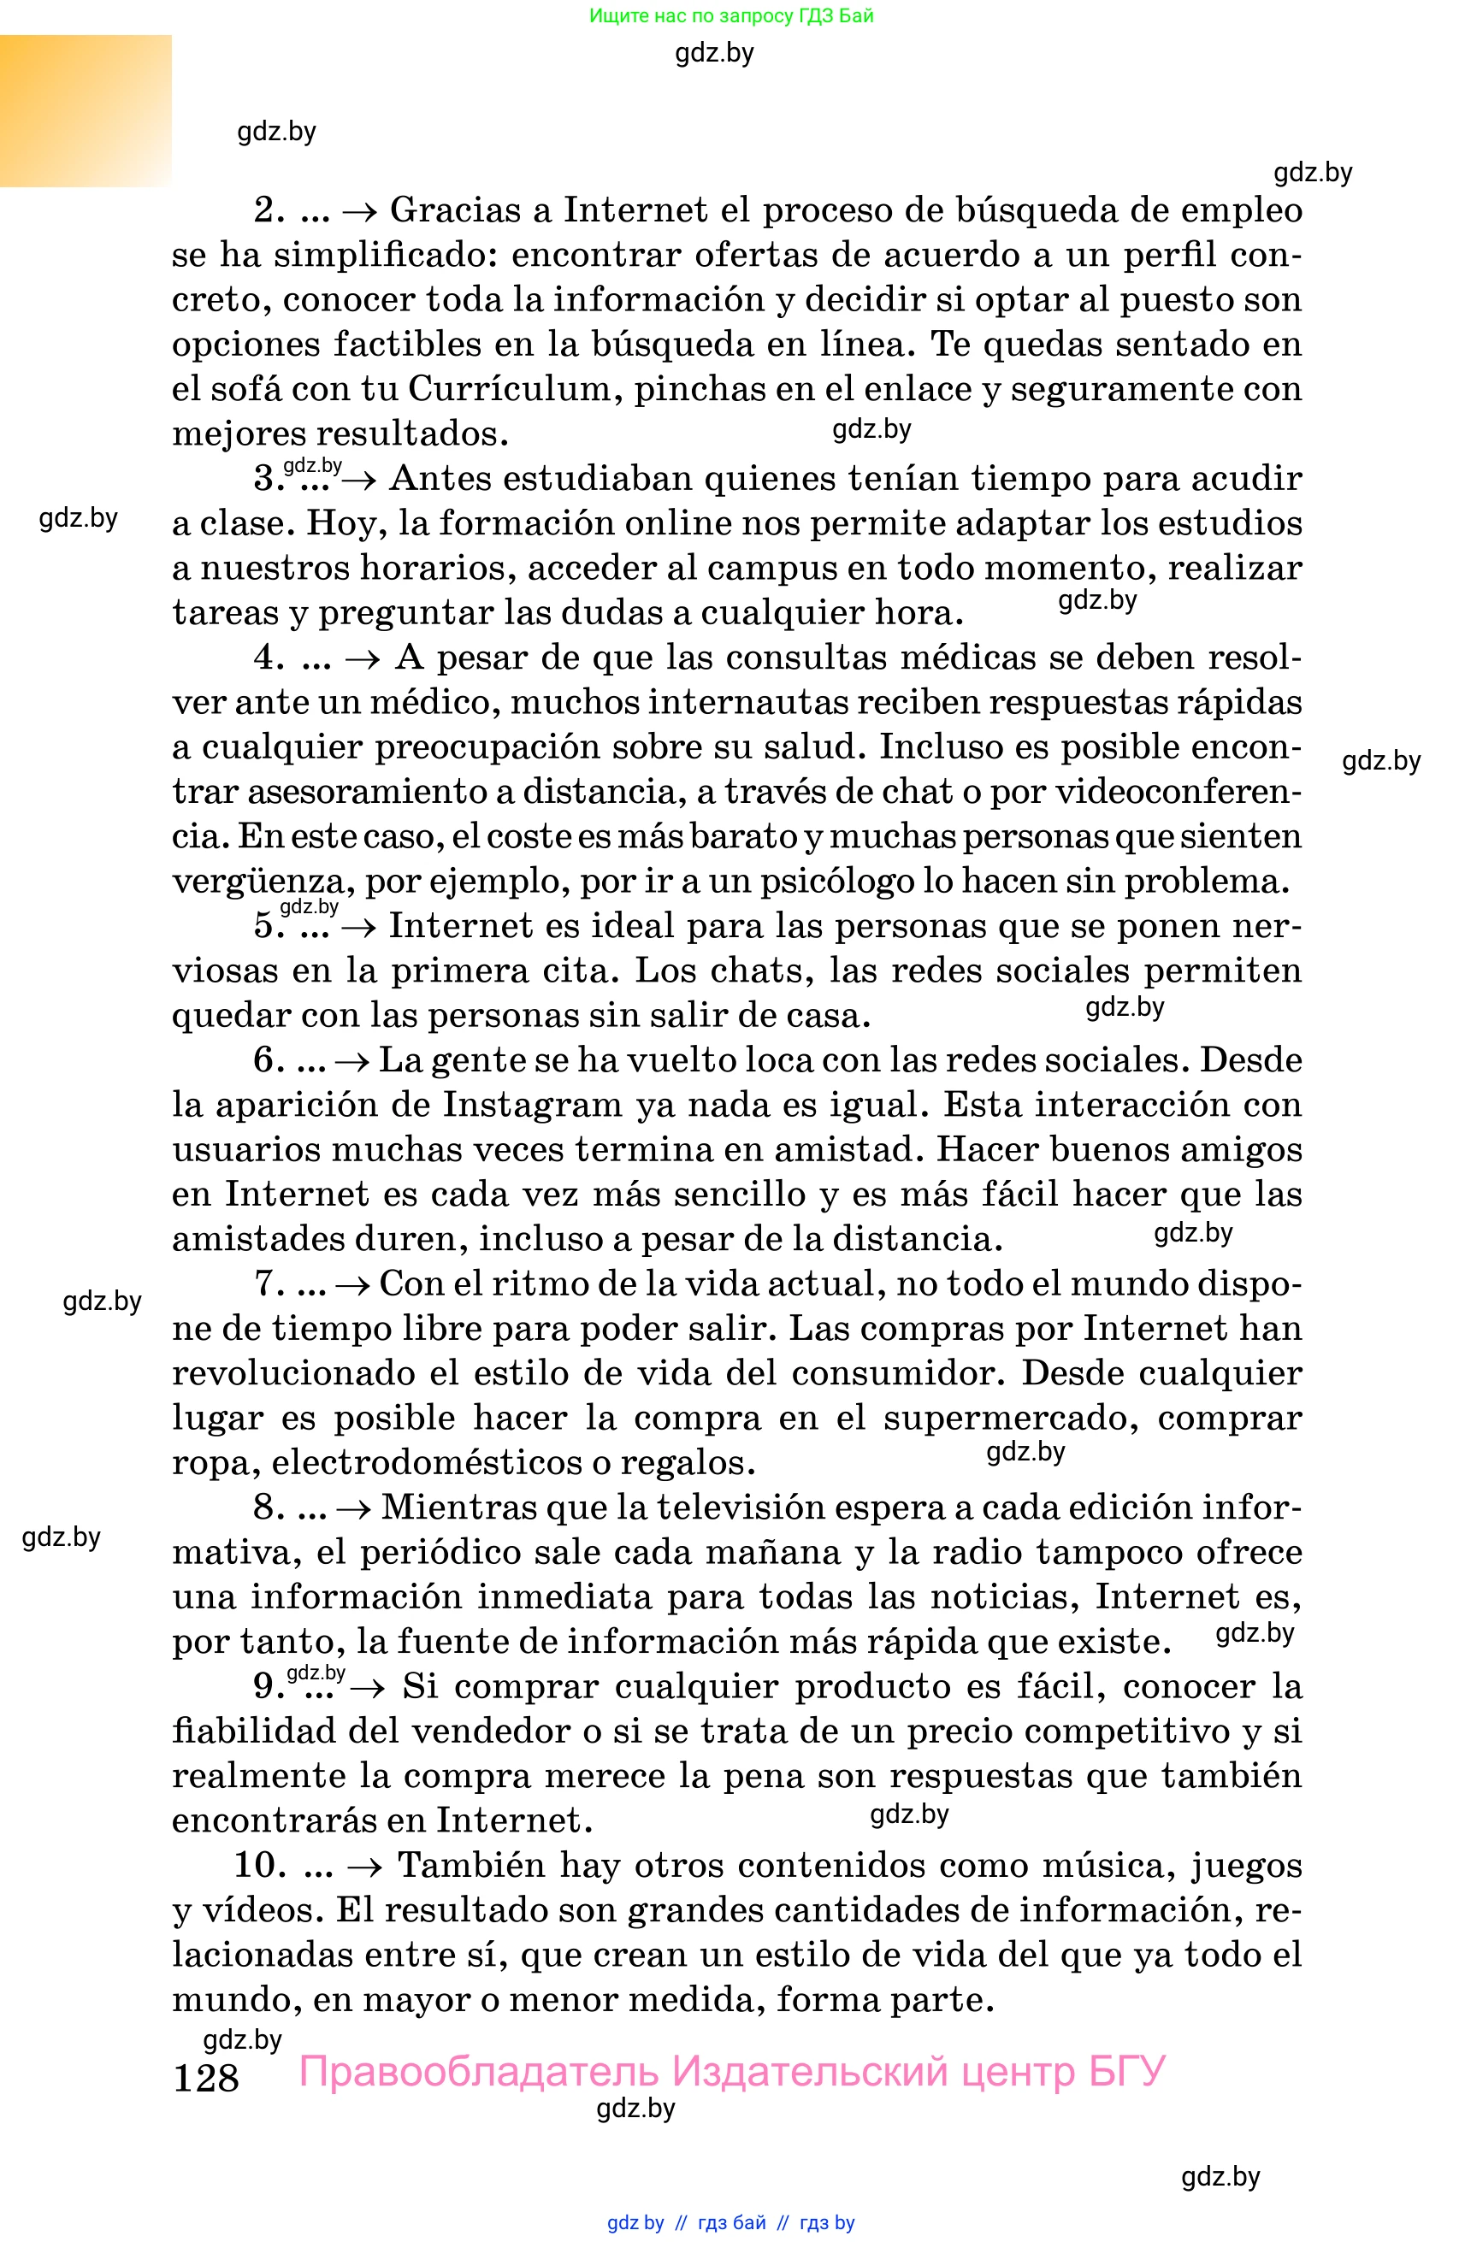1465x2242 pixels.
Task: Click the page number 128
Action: pyautogui.click(x=205, y=2078)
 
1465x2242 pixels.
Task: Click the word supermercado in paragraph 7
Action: pyautogui.click(x=1007, y=1419)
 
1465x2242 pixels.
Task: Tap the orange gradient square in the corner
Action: pyautogui.click(x=86, y=110)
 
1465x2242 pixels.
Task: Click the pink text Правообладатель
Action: pyautogui.click(x=479, y=2073)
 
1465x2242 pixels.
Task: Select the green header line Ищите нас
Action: pyautogui.click(x=731, y=15)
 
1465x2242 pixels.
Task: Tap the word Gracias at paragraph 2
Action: pyautogui.click(x=454, y=210)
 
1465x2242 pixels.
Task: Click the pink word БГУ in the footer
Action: pyautogui.click(x=1127, y=2073)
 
